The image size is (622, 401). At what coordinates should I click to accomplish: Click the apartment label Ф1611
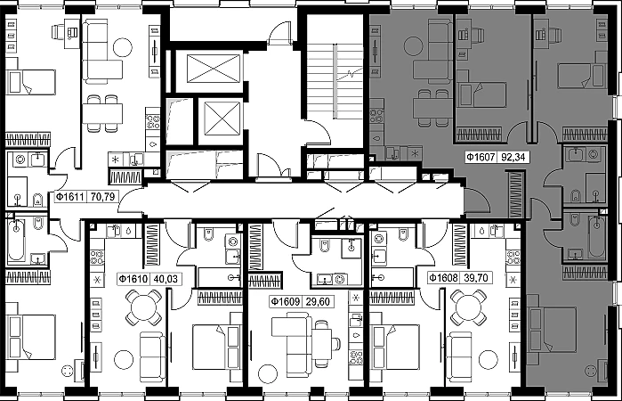(x=69, y=196)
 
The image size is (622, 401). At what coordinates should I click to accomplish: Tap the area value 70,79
(x=102, y=196)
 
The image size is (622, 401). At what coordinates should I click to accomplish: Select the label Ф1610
(x=133, y=279)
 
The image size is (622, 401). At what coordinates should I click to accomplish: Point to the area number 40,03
(x=166, y=279)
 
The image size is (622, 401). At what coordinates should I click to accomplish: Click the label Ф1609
(x=286, y=302)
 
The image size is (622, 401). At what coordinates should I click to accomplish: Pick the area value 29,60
(x=318, y=302)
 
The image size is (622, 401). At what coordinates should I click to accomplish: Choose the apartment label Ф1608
(x=444, y=277)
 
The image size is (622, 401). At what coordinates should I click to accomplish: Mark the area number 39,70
(x=476, y=277)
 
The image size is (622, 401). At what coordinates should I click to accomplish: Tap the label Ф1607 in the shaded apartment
(x=481, y=157)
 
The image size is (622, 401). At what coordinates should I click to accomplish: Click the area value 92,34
(x=513, y=157)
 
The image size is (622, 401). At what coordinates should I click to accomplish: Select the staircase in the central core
(x=335, y=81)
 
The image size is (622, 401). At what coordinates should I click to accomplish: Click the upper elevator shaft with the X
(x=214, y=69)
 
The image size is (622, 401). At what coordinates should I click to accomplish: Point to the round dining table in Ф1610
(x=143, y=307)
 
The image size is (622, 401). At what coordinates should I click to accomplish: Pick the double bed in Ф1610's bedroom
(x=216, y=347)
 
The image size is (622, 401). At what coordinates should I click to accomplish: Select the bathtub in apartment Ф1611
(x=16, y=240)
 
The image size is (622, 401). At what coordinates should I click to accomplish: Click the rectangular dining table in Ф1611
(x=102, y=113)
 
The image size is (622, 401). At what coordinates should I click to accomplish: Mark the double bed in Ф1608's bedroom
(x=394, y=347)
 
